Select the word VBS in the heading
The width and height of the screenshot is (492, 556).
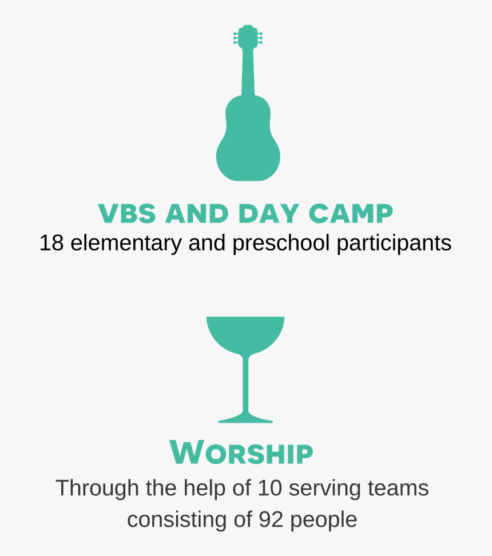click(127, 213)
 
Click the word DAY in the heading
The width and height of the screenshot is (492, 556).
click(268, 213)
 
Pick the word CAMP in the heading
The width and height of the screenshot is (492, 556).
click(351, 213)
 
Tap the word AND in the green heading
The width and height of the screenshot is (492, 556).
click(197, 213)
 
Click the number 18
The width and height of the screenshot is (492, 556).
click(52, 243)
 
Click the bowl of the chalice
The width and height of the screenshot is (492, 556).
click(245, 333)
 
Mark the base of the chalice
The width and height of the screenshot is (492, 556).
click(245, 418)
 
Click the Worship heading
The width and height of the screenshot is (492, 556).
click(241, 452)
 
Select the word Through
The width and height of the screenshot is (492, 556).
click(97, 489)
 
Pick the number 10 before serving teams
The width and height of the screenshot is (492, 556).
click(269, 489)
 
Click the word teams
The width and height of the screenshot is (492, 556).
click(398, 489)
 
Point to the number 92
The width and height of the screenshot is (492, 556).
click(271, 520)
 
